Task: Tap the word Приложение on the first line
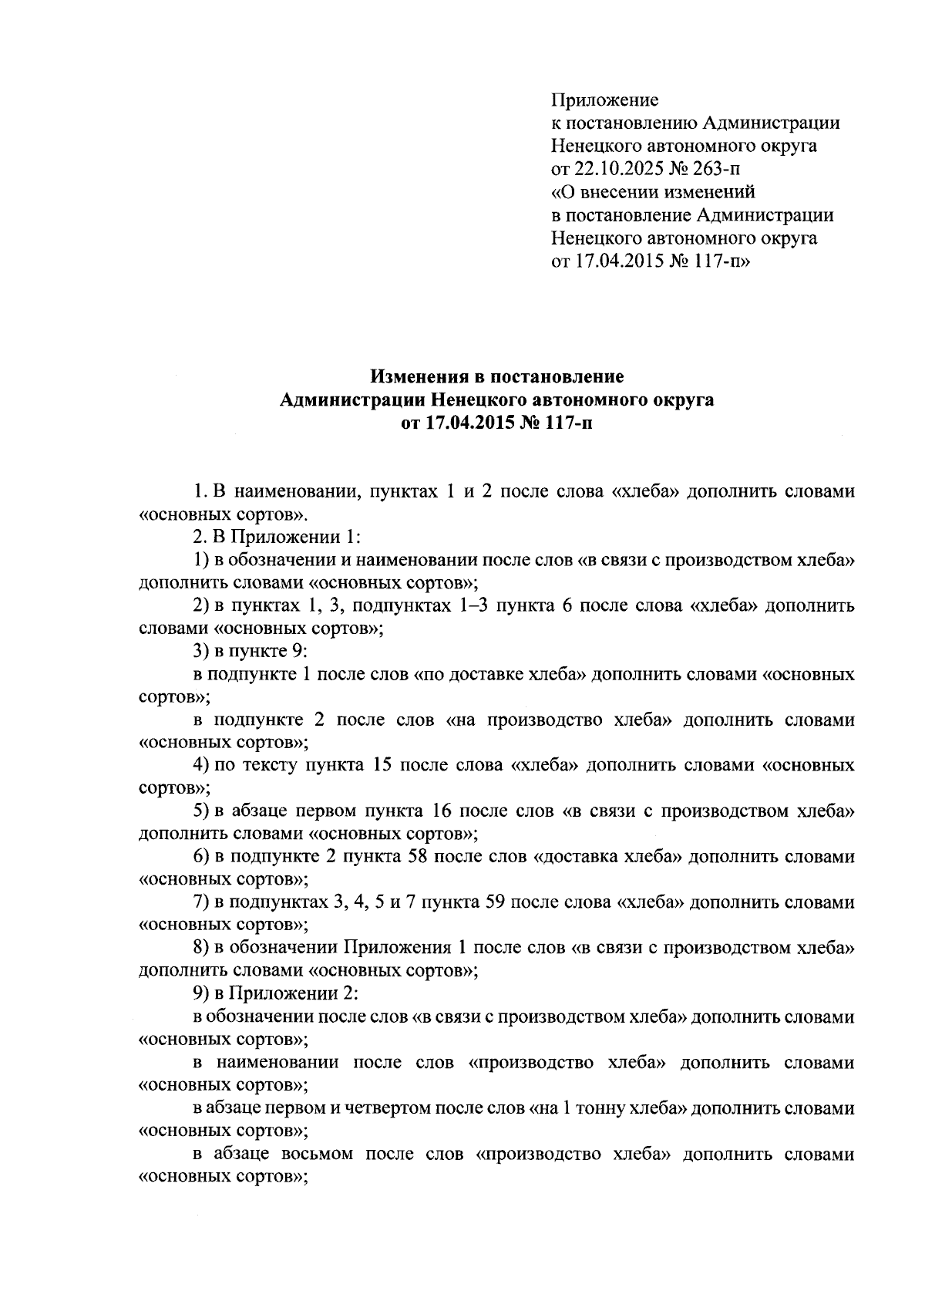pos(605,100)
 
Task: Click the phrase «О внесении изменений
pos(654,192)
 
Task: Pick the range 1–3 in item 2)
pos(469,606)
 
